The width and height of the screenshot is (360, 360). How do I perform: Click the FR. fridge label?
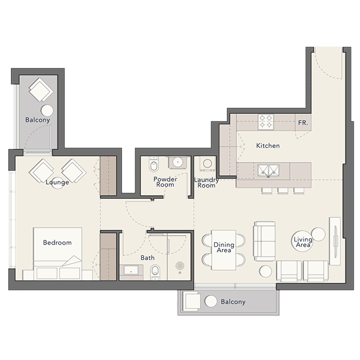(x=303, y=123)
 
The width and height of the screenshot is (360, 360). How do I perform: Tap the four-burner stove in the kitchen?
(x=265, y=122)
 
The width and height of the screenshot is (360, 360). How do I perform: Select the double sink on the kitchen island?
(x=268, y=171)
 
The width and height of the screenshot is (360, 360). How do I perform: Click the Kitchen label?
(x=268, y=146)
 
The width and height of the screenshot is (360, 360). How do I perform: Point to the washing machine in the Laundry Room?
(x=207, y=164)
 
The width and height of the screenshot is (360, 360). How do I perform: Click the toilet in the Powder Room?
(x=153, y=164)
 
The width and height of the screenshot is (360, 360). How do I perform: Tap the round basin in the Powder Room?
(x=177, y=163)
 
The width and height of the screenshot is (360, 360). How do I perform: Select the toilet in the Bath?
(x=156, y=272)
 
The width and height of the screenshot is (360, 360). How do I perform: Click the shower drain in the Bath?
(x=180, y=266)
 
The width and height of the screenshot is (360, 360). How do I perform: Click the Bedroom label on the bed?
(x=57, y=243)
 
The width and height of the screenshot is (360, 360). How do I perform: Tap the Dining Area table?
(x=224, y=250)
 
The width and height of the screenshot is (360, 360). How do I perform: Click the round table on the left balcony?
(x=47, y=110)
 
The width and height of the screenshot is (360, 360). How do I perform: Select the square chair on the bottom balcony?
(x=192, y=301)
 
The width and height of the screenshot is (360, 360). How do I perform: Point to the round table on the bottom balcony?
(x=211, y=301)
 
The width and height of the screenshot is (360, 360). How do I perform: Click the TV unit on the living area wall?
(x=335, y=241)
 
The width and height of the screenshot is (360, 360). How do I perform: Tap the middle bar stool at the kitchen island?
(x=283, y=191)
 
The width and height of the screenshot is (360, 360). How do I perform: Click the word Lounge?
(x=57, y=182)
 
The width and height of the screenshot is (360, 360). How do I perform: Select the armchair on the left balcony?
(x=41, y=90)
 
